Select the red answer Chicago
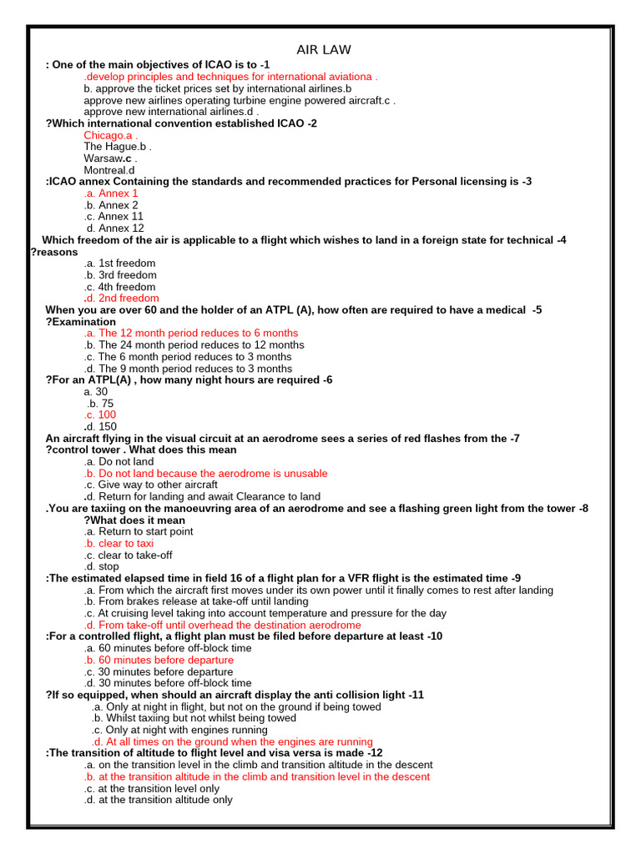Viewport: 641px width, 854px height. [x=110, y=135]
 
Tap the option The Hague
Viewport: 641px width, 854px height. [x=117, y=147]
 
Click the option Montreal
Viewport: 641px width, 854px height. [x=109, y=170]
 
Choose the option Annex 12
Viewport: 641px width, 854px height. [x=115, y=229]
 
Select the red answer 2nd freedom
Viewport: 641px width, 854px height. [x=121, y=299]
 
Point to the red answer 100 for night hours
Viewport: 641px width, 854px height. [x=100, y=415]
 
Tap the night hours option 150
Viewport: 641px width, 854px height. [x=100, y=427]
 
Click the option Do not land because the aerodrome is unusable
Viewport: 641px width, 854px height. [x=205, y=474]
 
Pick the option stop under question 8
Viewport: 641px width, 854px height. [x=101, y=567]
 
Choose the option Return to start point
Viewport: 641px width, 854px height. [x=139, y=532]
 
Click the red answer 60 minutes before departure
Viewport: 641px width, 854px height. [x=159, y=661]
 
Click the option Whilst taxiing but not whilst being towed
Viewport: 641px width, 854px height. [x=194, y=718]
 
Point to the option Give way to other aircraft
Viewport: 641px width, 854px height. [x=150, y=485]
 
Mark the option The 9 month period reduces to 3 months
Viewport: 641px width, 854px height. [x=188, y=369]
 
